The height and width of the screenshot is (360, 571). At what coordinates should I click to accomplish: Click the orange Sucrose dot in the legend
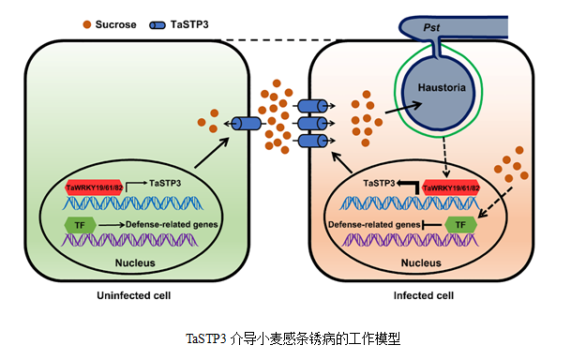[86, 24]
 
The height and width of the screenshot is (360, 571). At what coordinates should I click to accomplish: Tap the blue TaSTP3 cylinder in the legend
[158, 25]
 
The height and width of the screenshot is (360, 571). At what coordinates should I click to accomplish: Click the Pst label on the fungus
[431, 27]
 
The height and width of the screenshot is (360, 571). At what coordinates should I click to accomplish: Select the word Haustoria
[442, 87]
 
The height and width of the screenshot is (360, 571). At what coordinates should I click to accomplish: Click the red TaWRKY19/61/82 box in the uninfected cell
[94, 187]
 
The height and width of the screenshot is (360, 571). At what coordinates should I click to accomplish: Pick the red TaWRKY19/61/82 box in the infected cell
[451, 187]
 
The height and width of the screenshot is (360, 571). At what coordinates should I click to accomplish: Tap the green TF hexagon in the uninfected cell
[80, 226]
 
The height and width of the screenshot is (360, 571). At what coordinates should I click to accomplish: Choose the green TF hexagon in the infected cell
[460, 225]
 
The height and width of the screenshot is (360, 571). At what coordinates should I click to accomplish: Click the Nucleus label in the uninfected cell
[135, 262]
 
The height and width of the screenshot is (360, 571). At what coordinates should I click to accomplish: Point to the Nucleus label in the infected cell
[421, 262]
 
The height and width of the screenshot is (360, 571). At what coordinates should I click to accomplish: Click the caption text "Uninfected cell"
[134, 295]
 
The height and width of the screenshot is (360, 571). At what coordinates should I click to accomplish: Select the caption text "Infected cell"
[424, 295]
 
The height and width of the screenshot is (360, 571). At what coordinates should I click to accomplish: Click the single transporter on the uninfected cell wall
[247, 124]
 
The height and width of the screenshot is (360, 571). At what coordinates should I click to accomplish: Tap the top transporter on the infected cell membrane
[312, 106]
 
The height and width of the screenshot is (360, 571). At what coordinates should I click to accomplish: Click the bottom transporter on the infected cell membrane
[312, 141]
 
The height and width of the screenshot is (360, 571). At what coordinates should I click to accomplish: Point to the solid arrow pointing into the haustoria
[403, 108]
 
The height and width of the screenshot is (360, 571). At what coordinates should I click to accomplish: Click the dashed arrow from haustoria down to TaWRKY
[445, 157]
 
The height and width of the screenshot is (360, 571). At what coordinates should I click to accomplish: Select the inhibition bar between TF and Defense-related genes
[432, 225]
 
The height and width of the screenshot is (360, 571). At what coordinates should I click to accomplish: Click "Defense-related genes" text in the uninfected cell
[172, 225]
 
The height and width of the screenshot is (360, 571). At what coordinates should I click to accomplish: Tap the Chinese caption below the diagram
[293, 338]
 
